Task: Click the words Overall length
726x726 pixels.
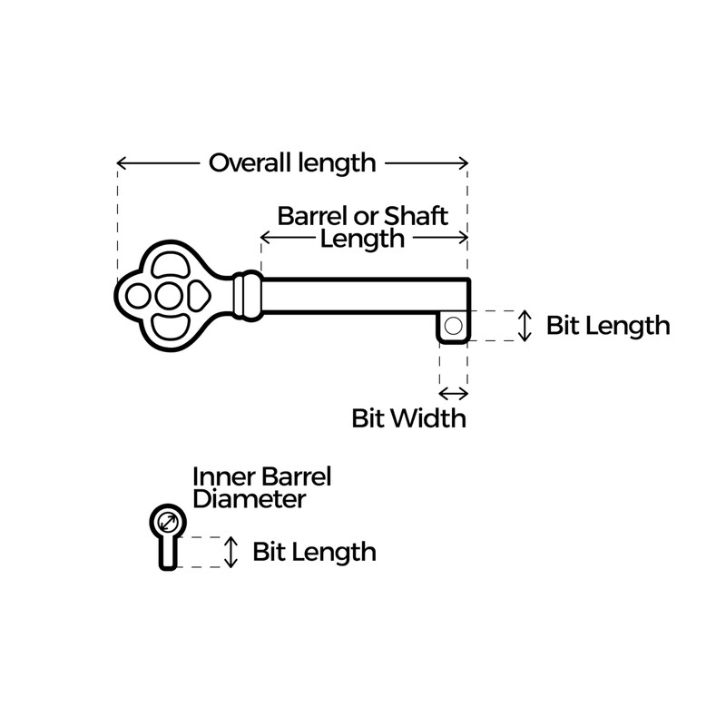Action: click(x=291, y=163)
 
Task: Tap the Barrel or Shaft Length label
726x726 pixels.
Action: click(x=363, y=227)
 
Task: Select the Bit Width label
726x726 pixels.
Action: click(x=408, y=418)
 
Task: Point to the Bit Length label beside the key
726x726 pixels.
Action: click(x=608, y=326)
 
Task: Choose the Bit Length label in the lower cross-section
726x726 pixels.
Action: click(x=314, y=551)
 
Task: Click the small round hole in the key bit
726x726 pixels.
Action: click(x=455, y=324)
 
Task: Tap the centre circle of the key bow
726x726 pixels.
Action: click(x=169, y=296)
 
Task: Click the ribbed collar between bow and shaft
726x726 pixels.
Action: click(x=246, y=296)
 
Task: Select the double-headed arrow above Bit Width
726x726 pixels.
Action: click(x=454, y=393)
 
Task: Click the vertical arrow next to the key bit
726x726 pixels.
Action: click(x=524, y=326)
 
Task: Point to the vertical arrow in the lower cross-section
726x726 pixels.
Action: click(x=231, y=552)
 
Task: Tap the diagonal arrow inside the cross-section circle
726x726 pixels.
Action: click(x=166, y=522)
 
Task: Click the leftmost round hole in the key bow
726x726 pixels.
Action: click(x=139, y=296)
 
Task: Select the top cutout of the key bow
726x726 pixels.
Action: click(x=171, y=266)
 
